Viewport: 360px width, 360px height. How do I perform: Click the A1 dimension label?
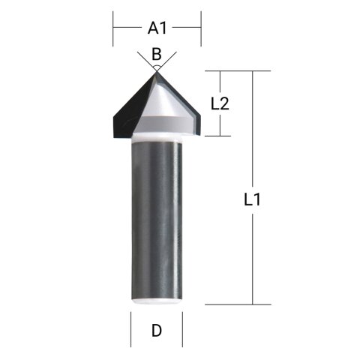(157, 28)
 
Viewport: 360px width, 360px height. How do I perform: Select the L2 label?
(220, 103)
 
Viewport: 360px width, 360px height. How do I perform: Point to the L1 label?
(253, 200)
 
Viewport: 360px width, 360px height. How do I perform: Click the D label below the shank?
(157, 330)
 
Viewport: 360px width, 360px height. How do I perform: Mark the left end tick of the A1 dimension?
(113, 28)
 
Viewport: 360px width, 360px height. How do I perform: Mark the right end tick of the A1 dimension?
(201, 28)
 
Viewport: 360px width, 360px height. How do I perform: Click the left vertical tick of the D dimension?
(131, 330)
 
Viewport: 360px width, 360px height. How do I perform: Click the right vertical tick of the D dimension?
(182, 330)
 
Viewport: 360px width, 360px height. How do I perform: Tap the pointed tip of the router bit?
(157, 70)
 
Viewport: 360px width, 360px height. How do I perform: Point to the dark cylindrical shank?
(157, 217)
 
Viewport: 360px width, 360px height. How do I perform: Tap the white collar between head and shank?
(157, 137)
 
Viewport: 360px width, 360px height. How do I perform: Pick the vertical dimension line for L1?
(252, 247)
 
